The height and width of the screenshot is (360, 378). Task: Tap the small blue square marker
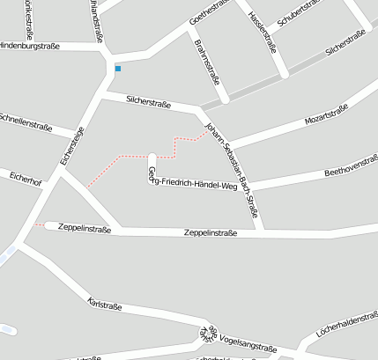[118, 68]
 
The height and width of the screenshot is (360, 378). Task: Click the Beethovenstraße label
[351, 165]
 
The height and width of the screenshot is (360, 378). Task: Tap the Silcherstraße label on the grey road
[345, 43]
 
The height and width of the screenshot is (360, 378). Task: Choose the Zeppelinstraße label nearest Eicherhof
[84, 228]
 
